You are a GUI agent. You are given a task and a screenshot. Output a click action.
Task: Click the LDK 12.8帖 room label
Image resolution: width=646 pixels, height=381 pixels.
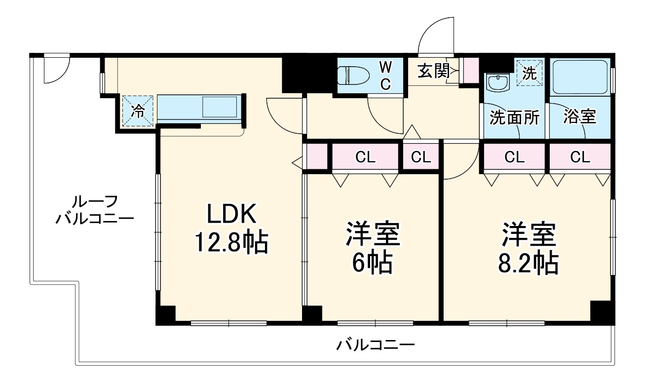point(231,229)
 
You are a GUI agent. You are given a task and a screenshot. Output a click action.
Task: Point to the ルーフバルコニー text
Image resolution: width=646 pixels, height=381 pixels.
point(94,210)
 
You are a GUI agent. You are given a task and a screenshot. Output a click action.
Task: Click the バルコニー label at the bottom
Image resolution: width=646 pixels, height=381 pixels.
point(376,344)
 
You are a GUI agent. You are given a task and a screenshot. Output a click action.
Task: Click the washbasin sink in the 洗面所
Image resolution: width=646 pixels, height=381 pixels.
point(496,82)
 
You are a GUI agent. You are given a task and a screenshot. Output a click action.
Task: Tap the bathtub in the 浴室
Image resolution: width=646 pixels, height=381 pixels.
point(579,77)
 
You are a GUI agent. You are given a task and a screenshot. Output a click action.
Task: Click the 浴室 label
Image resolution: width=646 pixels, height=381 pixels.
point(580,117)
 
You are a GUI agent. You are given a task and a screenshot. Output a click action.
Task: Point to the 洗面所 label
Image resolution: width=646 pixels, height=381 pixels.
point(514,118)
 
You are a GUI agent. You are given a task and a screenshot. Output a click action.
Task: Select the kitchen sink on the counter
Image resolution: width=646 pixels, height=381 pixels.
point(220,107)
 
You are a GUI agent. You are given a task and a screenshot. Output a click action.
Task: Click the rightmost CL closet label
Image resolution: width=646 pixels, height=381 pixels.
point(580,157)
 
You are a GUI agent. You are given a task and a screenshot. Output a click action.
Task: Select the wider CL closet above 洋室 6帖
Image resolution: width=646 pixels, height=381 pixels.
point(365,157)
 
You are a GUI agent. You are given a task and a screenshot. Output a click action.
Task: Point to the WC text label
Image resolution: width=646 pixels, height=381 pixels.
point(385,75)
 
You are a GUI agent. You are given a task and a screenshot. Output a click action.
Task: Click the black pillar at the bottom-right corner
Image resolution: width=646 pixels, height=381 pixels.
point(602,312)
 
